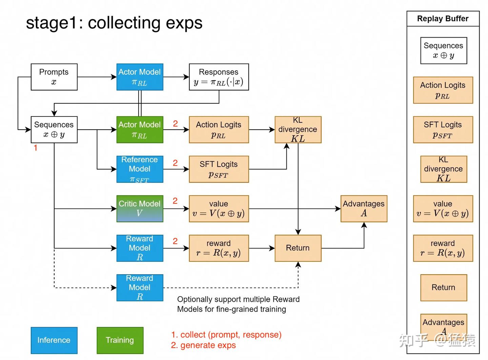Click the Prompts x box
tap(54, 77)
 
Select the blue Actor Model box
tap(140, 77)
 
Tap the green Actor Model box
tap(140, 129)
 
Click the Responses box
tap(219, 77)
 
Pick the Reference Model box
tap(140, 169)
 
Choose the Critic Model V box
tap(140, 209)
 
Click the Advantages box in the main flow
tap(364, 209)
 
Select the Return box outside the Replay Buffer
tap(298, 248)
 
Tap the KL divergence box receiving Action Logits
tap(298, 129)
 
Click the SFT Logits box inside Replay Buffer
tap(443, 129)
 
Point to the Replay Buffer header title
tap(443, 19)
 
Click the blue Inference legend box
tap(54, 340)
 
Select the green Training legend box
tap(120, 340)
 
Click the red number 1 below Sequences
tap(36, 148)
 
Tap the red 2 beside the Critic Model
tap(175, 201)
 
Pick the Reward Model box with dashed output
tap(140, 288)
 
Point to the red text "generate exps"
tap(208, 345)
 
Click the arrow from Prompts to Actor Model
tap(97, 77)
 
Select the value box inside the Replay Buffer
tap(443, 209)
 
